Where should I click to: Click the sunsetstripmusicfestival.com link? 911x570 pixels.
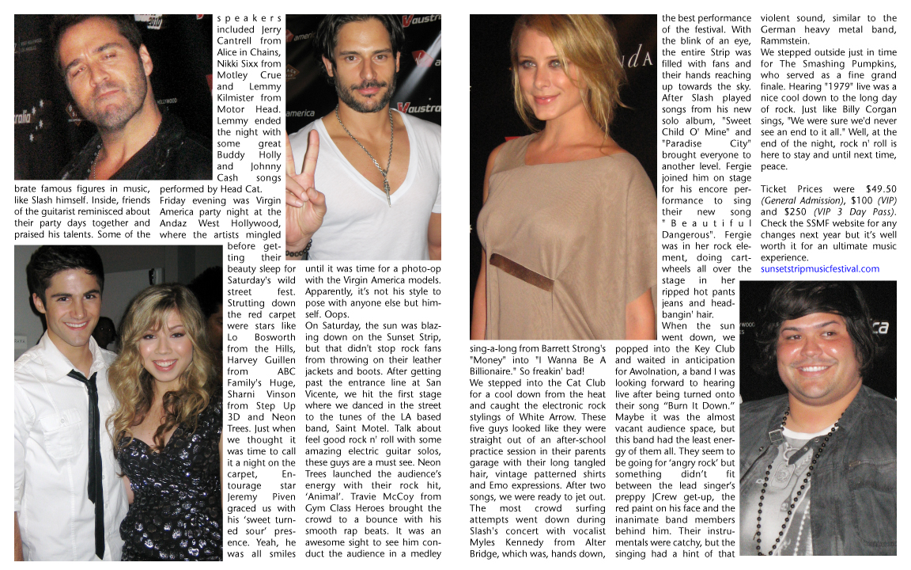(819, 269)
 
